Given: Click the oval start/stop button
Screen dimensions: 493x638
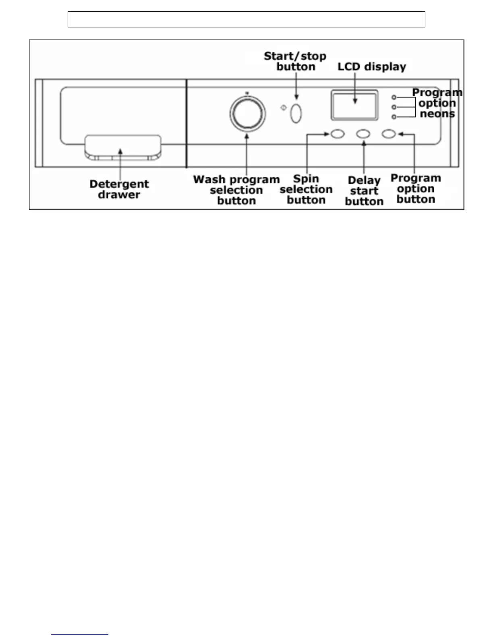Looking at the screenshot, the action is (x=296, y=113).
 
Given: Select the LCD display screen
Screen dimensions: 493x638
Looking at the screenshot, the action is (x=354, y=105).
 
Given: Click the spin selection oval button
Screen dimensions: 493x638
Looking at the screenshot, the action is (x=338, y=134).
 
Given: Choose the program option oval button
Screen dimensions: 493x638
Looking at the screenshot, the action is (x=389, y=134).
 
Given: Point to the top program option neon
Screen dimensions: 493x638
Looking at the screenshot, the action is (x=394, y=97).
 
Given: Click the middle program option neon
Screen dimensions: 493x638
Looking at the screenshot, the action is (x=394, y=107).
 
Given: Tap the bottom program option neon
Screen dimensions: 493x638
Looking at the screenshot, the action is (x=394, y=117).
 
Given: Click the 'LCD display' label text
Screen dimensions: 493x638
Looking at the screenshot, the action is (x=372, y=67).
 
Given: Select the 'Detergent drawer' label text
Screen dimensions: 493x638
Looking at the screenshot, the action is (x=119, y=189).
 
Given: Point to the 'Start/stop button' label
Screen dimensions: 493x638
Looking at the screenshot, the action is (x=295, y=61).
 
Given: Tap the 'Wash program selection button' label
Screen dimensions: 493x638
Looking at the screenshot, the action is (x=236, y=190).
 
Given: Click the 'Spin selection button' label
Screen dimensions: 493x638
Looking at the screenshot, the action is (x=306, y=189).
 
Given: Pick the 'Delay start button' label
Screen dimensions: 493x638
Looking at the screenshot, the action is (x=364, y=191).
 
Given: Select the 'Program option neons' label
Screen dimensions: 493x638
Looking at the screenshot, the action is (x=437, y=104).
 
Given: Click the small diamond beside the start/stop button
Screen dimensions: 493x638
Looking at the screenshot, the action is (x=283, y=108).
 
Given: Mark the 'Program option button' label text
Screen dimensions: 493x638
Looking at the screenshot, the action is (x=416, y=189).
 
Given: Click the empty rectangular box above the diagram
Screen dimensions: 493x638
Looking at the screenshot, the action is (x=246, y=19).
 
